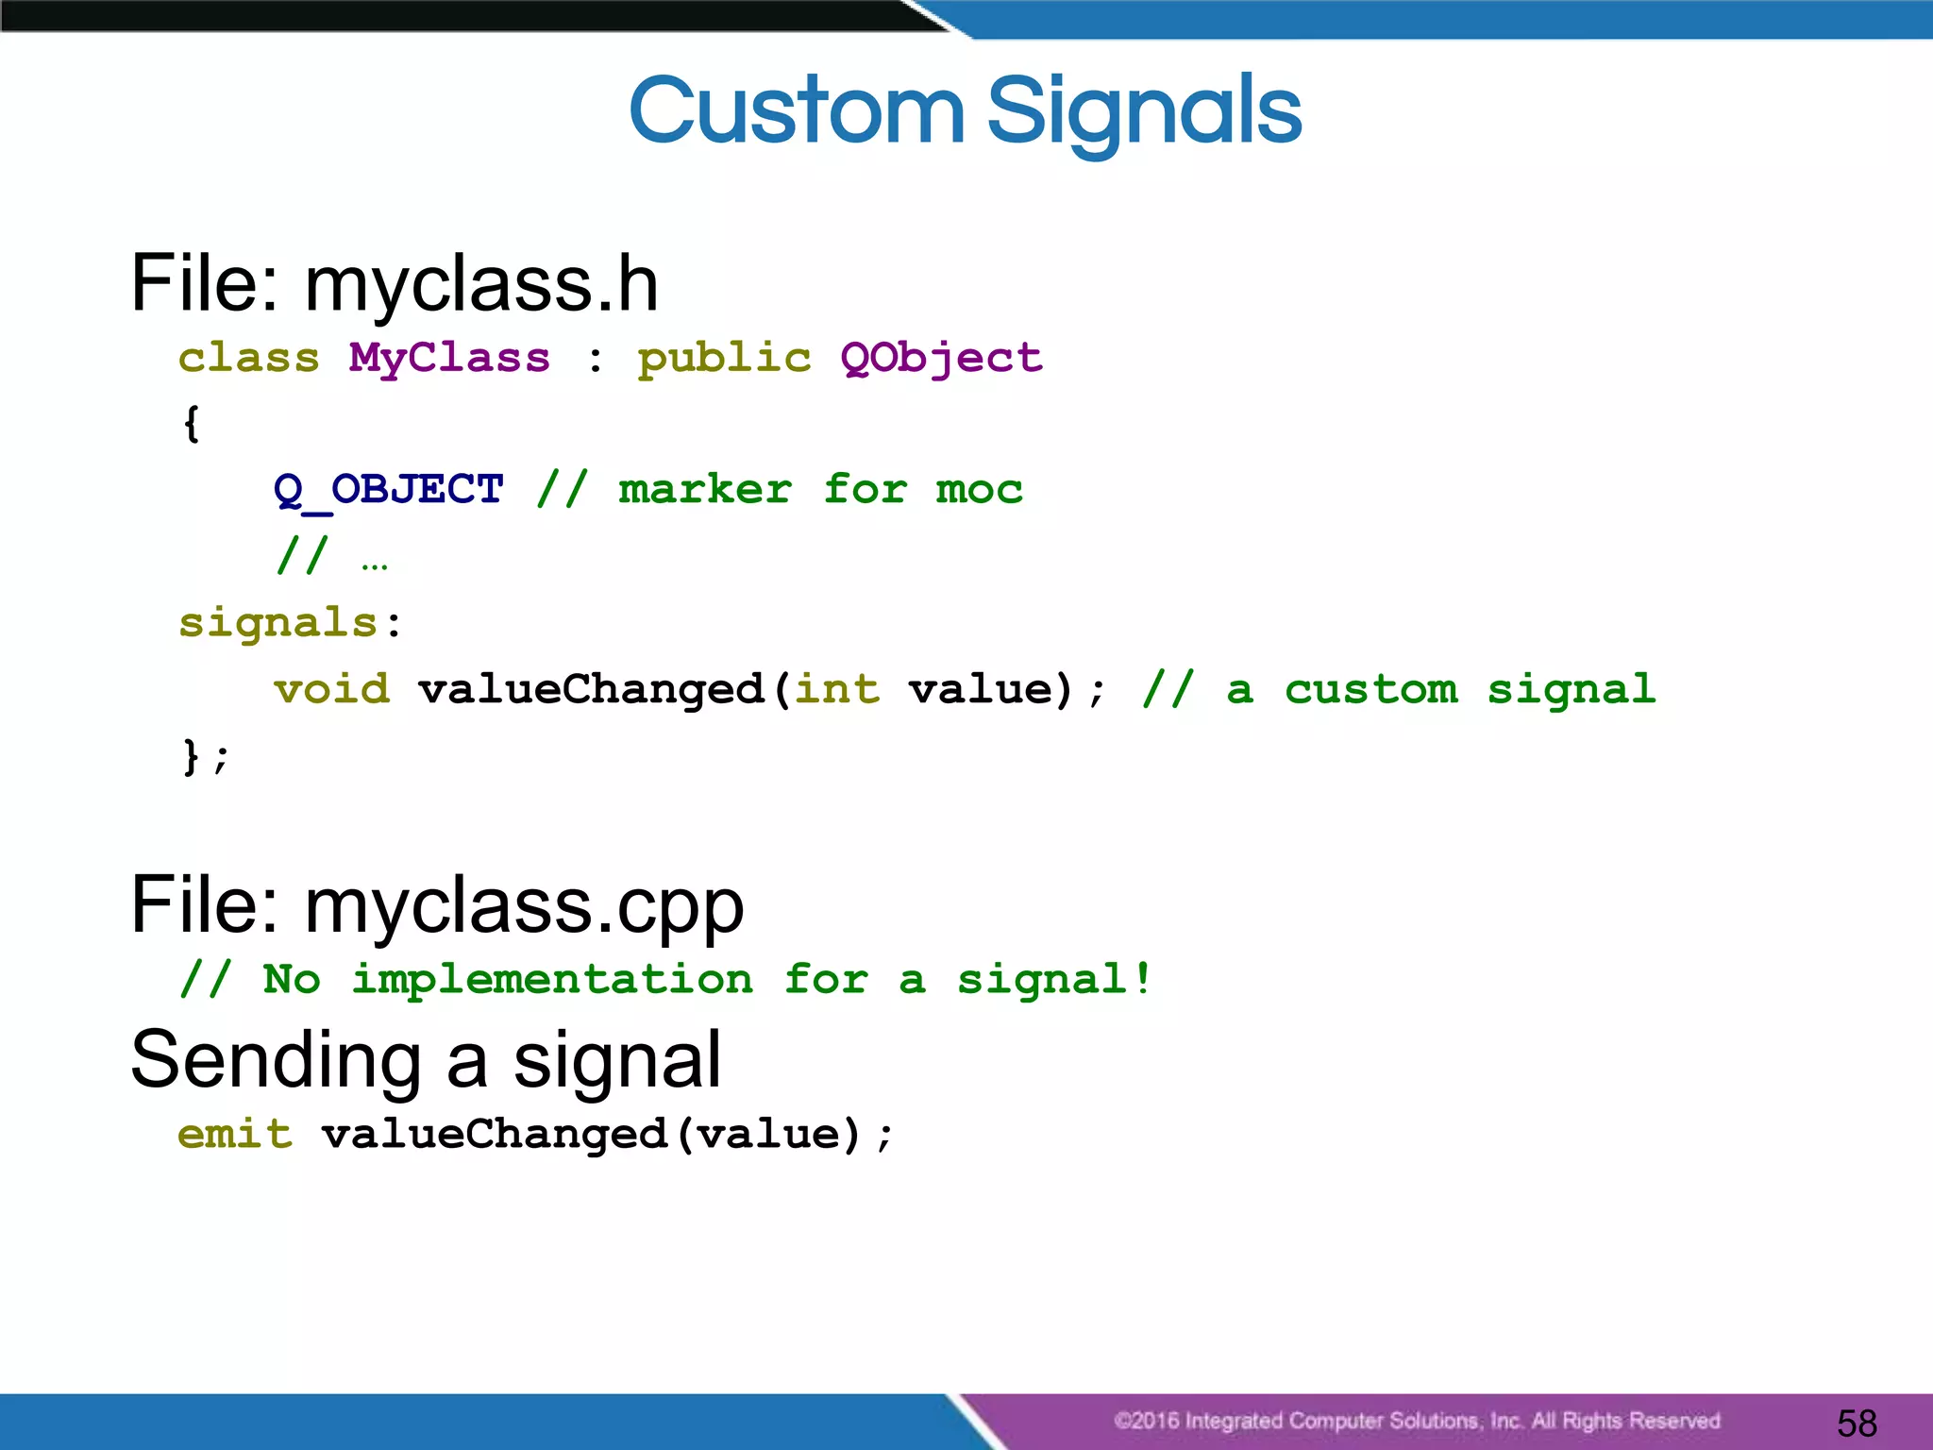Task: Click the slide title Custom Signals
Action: [x=965, y=111]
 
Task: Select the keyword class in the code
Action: [x=249, y=359]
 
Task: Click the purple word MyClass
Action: [x=449, y=359]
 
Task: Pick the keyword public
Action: [x=724, y=359]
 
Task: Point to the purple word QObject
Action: [x=941, y=359]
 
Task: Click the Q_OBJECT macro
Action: [x=388, y=490]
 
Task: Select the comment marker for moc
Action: [x=780, y=490]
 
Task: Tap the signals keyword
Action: [x=278, y=623]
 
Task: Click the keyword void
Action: [x=331, y=689]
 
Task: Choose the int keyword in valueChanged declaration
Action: [x=837, y=689]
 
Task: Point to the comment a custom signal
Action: [x=1399, y=689]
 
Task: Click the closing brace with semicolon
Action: [x=204, y=756]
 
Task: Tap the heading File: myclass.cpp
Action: [x=437, y=904]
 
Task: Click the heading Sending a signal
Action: [x=426, y=1059]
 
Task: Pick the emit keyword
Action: [x=235, y=1134]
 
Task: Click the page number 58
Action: [x=1857, y=1423]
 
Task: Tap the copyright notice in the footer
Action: [x=1416, y=1421]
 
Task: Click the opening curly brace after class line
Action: [x=192, y=423]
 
